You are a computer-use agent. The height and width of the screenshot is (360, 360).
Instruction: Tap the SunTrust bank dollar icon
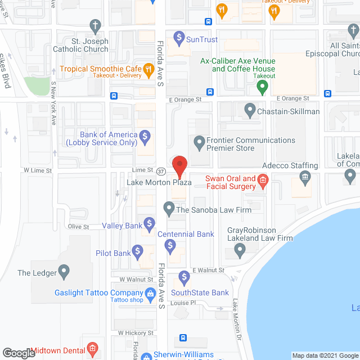(x=179, y=39)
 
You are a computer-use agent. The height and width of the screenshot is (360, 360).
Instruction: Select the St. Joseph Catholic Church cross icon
(x=94, y=25)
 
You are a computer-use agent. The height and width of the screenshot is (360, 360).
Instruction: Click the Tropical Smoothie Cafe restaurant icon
(x=148, y=70)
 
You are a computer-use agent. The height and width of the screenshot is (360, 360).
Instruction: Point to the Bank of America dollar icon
(x=145, y=136)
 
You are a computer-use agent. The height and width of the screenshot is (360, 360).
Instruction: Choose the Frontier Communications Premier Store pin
(x=199, y=141)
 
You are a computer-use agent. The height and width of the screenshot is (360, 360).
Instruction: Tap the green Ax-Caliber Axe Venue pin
(x=262, y=87)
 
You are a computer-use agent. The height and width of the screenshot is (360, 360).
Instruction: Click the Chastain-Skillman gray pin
(x=250, y=111)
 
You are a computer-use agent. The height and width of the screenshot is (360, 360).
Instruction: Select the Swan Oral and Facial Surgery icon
(x=262, y=182)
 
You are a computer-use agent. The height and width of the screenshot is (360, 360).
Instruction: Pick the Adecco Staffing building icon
(x=305, y=178)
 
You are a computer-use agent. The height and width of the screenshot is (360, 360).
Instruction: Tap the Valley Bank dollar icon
(x=149, y=226)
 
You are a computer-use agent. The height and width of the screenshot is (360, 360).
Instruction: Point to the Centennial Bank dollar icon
(x=172, y=245)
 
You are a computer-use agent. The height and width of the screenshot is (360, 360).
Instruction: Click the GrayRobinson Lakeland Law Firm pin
(x=240, y=251)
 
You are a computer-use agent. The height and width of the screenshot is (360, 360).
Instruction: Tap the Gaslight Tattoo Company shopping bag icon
(x=150, y=292)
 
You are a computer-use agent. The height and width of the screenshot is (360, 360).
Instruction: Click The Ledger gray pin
(x=64, y=273)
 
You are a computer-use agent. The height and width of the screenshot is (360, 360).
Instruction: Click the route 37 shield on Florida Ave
(x=161, y=171)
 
